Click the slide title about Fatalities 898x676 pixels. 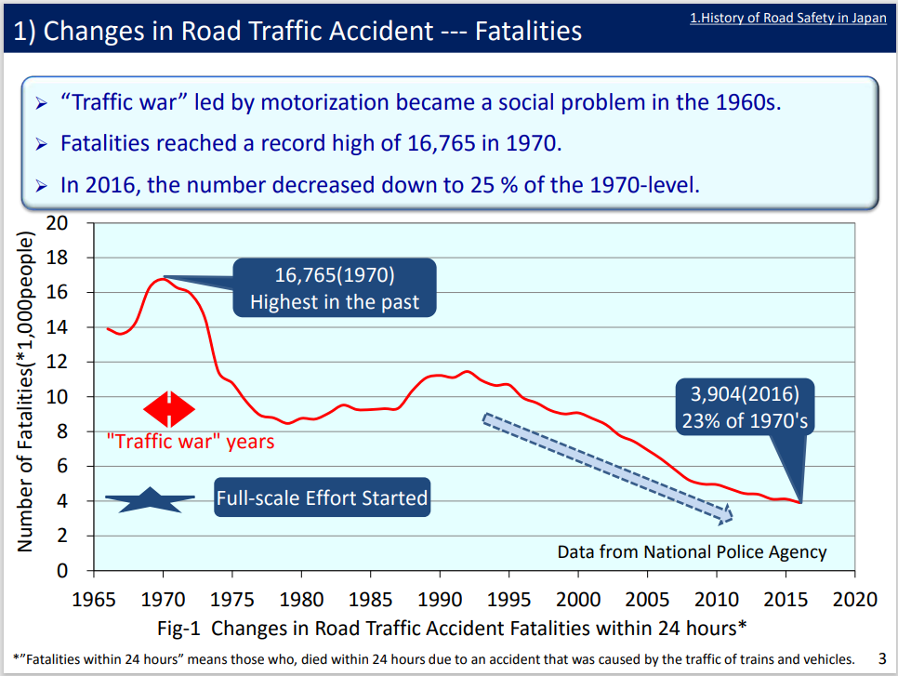pyautogui.click(x=297, y=31)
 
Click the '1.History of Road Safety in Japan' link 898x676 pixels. pyautogui.click(x=787, y=18)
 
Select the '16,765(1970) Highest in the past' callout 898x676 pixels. pyautogui.click(x=335, y=288)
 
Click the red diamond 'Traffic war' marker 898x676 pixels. pyautogui.click(x=169, y=409)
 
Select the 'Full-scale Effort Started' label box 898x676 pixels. pyautogui.click(x=322, y=498)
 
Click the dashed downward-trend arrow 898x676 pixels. pyautogui.click(x=607, y=467)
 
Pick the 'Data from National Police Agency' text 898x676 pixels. pyautogui.click(x=692, y=551)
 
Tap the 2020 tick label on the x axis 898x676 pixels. pyautogui.click(x=855, y=597)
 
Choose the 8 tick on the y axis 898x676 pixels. pyautogui.click(x=62, y=431)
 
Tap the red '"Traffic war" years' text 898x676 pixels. pyautogui.click(x=191, y=441)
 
